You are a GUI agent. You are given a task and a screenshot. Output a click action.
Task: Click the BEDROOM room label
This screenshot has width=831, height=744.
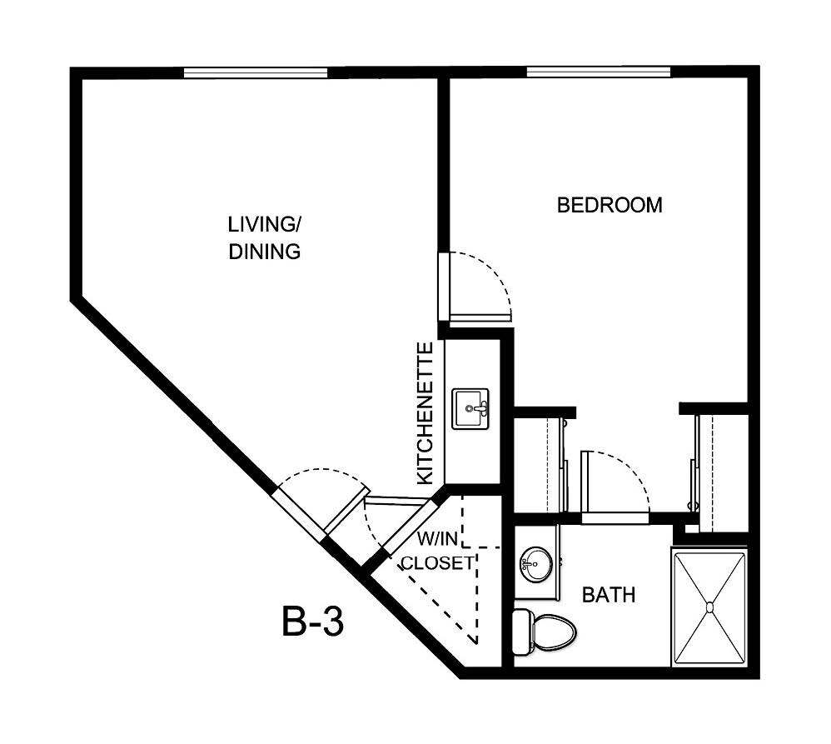[610, 205]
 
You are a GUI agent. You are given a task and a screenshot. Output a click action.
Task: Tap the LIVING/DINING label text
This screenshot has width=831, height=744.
[264, 237]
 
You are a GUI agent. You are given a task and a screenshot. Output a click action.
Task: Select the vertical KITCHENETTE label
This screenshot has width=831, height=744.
[425, 412]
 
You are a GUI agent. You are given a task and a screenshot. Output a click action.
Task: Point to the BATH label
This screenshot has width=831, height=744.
[608, 595]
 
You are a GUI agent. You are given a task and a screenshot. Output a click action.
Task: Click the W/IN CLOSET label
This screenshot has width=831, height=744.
[437, 551]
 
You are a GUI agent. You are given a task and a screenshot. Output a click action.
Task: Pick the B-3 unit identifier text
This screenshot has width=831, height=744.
[312, 622]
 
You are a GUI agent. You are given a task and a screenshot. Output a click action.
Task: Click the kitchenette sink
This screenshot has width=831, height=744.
[471, 409]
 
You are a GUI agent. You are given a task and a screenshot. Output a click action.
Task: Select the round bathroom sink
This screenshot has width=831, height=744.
[534, 566]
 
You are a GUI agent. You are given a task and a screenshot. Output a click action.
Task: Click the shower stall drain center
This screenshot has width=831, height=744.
[710, 607]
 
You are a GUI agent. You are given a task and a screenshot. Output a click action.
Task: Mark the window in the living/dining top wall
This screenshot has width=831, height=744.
[256, 72]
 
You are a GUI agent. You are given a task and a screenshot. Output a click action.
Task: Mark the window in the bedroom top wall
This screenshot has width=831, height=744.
[598, 72]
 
